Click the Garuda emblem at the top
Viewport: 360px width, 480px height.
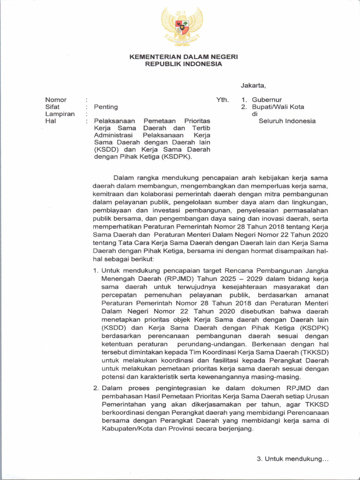(x=182, y=27)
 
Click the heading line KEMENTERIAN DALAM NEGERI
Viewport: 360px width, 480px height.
(x=184, y=57)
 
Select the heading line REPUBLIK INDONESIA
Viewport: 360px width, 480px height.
(x=184, y=64)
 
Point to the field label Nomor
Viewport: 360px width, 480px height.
(x=56, y=100)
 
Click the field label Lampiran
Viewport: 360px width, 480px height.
(x=60, y=114)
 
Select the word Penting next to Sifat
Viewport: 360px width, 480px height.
(x=106, y=107)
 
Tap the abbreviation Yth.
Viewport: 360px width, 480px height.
(x=222, y=100)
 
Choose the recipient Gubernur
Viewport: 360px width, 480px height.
(x=267, y=100)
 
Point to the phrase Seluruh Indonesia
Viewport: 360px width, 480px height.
(x=287, y=121)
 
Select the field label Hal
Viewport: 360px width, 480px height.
(x=50, y=121)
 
